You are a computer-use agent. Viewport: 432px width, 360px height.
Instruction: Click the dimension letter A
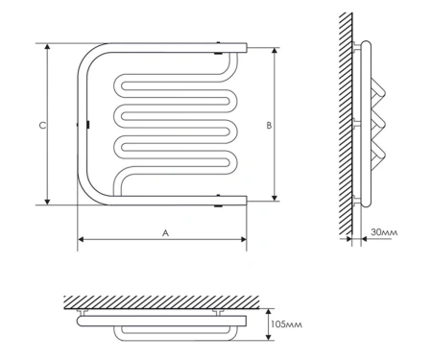165,233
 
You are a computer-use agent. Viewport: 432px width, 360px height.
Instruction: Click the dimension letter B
269,125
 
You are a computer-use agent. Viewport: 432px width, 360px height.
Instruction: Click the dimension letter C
43,125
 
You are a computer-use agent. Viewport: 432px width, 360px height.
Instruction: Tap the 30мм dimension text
384,232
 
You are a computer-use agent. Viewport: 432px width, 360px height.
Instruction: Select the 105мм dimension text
286,324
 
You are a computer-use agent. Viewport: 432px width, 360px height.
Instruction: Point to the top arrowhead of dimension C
47,47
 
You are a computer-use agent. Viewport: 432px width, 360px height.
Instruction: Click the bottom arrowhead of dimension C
47,202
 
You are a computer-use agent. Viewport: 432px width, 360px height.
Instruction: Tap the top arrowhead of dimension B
275,51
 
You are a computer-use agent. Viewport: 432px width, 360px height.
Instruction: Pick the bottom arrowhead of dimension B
275,198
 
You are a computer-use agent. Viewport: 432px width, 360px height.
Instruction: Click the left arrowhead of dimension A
81,239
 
